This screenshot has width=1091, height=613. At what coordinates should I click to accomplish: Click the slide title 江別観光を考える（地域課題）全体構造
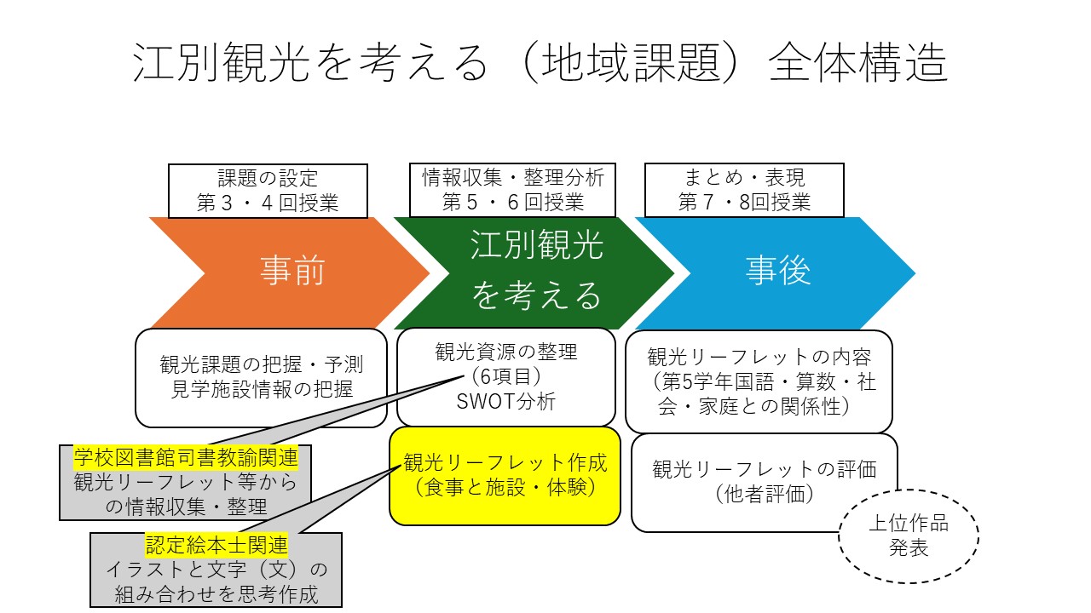click(x=540, y=63)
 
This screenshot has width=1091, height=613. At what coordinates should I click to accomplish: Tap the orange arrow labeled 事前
click(x=292, y=272)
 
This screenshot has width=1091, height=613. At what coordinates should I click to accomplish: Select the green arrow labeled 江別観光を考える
click(x=537, y=272)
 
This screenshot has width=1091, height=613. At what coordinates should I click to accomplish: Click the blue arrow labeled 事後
click(x=777, y=272)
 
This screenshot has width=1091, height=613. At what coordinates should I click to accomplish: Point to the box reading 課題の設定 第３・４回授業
click(x=268, y=191)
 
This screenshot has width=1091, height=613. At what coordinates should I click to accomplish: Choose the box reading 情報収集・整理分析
click(x=513, y=178)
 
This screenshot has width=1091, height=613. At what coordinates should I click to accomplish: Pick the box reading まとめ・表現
click(x=744, y=178)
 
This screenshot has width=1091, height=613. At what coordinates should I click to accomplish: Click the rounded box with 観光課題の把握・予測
click(x=261, y=365)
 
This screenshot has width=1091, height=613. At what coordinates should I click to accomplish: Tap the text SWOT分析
click(x=506, y=402)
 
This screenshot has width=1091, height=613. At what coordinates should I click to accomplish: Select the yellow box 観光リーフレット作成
click(x=505, y=462)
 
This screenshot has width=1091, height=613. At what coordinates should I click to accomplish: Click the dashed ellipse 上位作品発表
click(x=908, y=536)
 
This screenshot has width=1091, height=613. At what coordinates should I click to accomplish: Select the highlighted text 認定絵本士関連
click(x=216, y=545)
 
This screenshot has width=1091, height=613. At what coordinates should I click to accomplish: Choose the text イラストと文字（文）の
click(x=216, y=570)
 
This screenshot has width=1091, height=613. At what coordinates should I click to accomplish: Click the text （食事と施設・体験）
click(x=505, y=488)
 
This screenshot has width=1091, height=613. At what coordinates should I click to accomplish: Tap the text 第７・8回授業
click(x=744, y=203)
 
